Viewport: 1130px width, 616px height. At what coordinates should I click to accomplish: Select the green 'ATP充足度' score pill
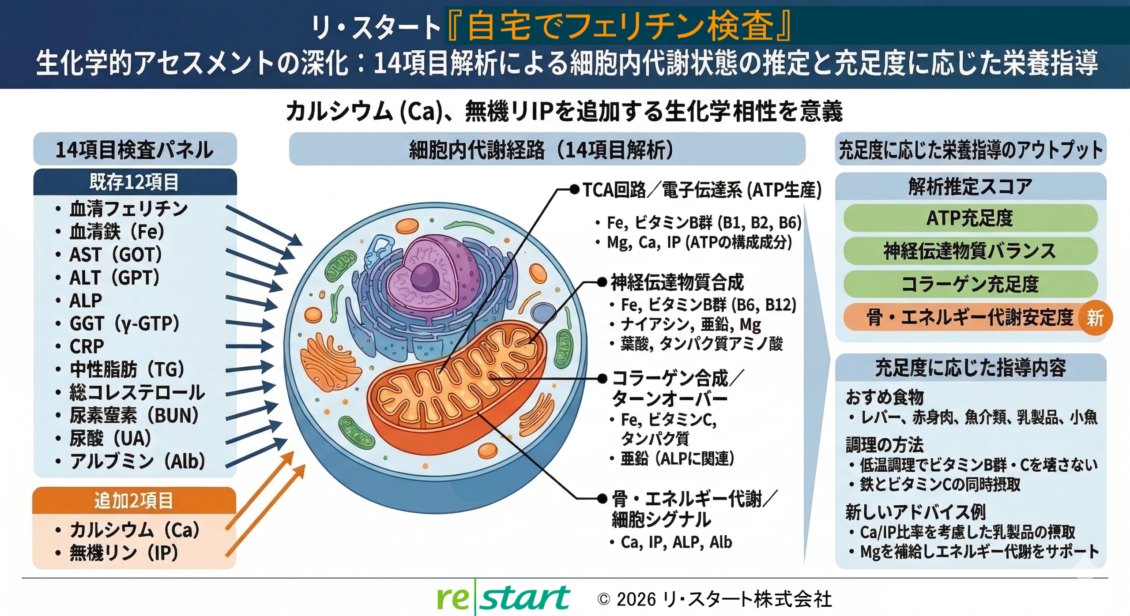point(970,218)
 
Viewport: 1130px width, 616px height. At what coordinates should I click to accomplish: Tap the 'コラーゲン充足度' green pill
point(970,284)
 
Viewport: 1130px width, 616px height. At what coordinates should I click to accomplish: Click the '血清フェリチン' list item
point(128,209)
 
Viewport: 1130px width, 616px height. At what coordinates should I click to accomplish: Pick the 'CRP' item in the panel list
point(87,346)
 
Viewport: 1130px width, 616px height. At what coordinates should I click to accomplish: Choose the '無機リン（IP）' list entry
point(124,553)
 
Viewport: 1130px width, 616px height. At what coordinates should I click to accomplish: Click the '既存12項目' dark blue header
point(135,182)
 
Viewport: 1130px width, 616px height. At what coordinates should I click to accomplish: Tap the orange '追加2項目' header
point(134,501)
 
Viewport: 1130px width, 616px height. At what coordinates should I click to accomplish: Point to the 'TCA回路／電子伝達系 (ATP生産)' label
point(702,190)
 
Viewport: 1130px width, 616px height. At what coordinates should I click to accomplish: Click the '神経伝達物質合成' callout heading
point(677,282)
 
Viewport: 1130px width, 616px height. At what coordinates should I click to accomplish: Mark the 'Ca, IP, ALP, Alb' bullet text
point(676,542)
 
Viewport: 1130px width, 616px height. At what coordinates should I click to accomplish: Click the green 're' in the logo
point(452,598)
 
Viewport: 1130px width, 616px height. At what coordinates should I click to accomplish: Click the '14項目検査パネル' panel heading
point(135,150)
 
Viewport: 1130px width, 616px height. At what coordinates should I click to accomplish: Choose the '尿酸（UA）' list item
point(110,439)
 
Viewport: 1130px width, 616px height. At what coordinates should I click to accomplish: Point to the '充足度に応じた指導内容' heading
point(970,368)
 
